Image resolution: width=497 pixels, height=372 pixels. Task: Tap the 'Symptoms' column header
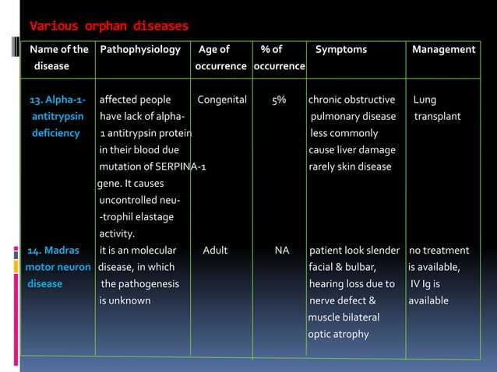[340, 50]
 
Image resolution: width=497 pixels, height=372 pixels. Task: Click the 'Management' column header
[443, 50]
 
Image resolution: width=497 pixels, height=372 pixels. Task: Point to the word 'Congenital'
[222, 100]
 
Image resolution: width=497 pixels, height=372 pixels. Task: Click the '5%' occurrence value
[279, 100]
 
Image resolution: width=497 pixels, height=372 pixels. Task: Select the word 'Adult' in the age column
[215, 251]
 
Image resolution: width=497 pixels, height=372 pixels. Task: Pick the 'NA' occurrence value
[282, 251]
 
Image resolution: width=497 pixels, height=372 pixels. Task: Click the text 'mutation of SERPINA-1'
[153, 167]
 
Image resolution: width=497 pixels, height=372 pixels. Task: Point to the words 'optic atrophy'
[338, 335]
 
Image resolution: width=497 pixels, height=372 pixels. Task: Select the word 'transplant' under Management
[437, 117]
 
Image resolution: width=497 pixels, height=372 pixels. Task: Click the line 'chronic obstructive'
[351, 100]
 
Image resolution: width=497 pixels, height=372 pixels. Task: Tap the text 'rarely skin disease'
[350, 167]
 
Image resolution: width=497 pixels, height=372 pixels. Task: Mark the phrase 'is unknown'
[125, 300]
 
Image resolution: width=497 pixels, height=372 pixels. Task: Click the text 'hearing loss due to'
[351, 284]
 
